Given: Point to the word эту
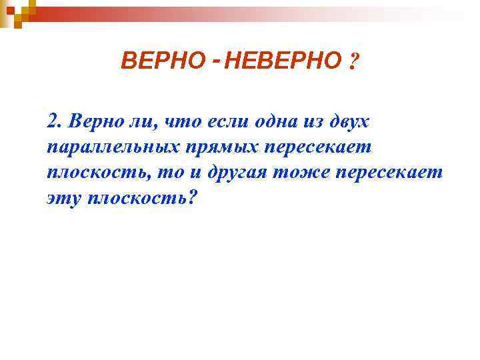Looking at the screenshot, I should (63, 199).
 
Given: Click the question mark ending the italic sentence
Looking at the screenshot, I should (194, 199).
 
